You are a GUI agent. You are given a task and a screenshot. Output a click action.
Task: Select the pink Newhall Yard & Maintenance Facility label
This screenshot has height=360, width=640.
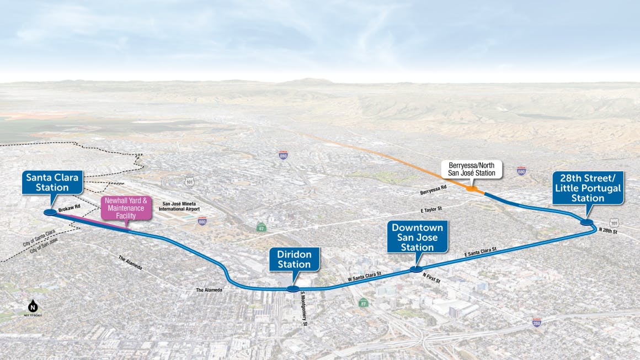[x=126, y=208]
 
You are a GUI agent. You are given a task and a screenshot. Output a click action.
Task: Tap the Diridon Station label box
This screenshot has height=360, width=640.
[x=295, y=259]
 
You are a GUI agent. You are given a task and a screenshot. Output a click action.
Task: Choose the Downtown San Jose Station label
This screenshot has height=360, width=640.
[x=417, y=236]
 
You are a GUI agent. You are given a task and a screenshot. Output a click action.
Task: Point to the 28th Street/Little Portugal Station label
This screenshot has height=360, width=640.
[x=588, y=188]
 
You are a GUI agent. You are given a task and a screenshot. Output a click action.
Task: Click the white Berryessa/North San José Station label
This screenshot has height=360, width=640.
[x=471, y=170]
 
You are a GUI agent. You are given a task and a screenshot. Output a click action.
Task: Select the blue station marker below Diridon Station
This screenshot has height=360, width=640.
[x=293, y=289]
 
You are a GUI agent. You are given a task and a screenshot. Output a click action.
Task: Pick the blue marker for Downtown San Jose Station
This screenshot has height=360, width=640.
[x=416, y=269]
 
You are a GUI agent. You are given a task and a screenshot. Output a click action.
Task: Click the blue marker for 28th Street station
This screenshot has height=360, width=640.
[x=586, y=222]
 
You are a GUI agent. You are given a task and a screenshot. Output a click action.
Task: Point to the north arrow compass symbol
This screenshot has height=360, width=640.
[x=33, y=308]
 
